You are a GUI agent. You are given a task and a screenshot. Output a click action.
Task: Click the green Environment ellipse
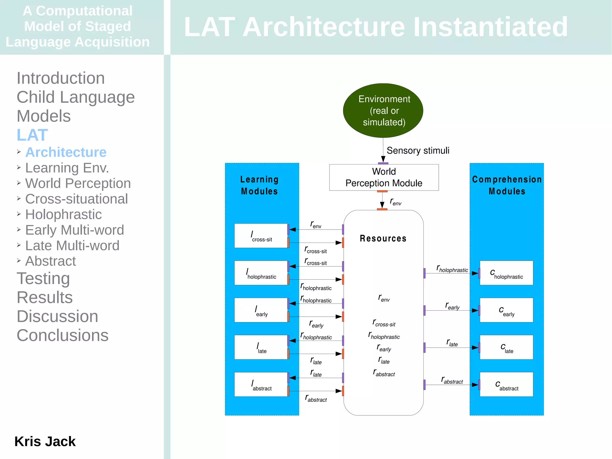(x=383, y=110)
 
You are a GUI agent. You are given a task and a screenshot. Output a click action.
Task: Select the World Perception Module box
(x=384, y=177)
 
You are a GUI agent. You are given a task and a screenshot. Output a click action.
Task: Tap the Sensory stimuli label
(x=417, y=150)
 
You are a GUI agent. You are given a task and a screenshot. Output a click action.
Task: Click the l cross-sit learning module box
(x=261, y=236)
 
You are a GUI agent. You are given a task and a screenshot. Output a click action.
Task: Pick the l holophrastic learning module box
(x=261, y=273)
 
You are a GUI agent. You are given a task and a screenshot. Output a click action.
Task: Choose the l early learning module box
(x=261, y=310)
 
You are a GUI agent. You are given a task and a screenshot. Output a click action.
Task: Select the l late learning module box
(x=261, y=347)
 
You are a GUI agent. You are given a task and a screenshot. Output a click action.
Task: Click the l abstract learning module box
(x=261, y=385)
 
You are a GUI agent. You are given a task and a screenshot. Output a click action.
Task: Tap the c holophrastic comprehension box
(x=506, y=273)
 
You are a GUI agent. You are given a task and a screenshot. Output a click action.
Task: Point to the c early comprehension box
(x=506, y=310)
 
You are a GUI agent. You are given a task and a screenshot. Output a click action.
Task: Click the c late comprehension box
(x=506, y=347)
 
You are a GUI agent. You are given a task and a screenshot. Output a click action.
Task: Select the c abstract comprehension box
(x=506, y=385)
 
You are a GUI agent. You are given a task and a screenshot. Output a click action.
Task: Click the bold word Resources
(x=383, y=238)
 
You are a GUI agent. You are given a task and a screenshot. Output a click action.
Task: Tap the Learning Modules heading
(x=259, y=185)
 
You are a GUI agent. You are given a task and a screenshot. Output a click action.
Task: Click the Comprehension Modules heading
(x=507, y=185)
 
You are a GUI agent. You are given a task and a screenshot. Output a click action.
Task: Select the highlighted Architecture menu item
(x=66, y=152)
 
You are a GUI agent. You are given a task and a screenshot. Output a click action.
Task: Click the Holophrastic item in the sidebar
(x=63, y=214)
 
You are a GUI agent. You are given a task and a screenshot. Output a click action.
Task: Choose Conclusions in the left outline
(x=62, y=335)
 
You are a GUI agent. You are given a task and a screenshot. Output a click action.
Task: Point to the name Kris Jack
(x=45, y=441)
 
